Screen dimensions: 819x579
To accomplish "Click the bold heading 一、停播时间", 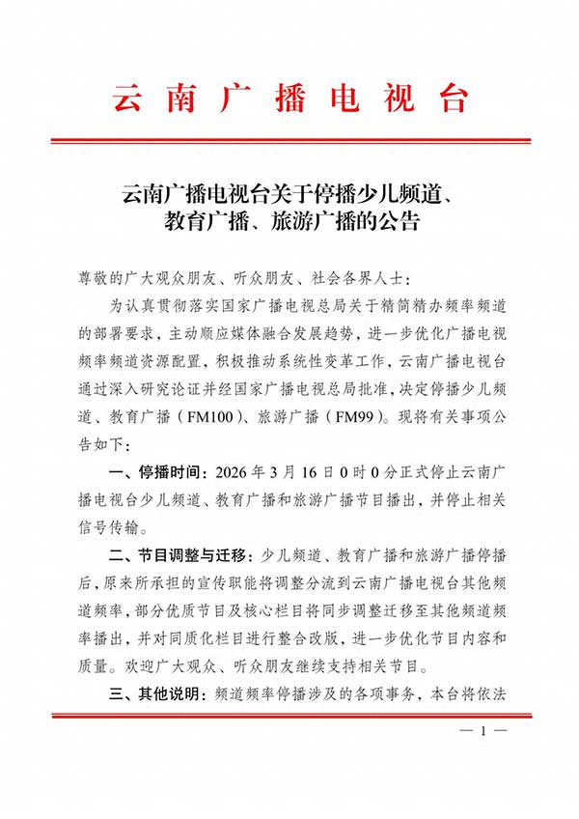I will (156, 473).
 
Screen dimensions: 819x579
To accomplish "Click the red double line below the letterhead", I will (289, 141).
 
